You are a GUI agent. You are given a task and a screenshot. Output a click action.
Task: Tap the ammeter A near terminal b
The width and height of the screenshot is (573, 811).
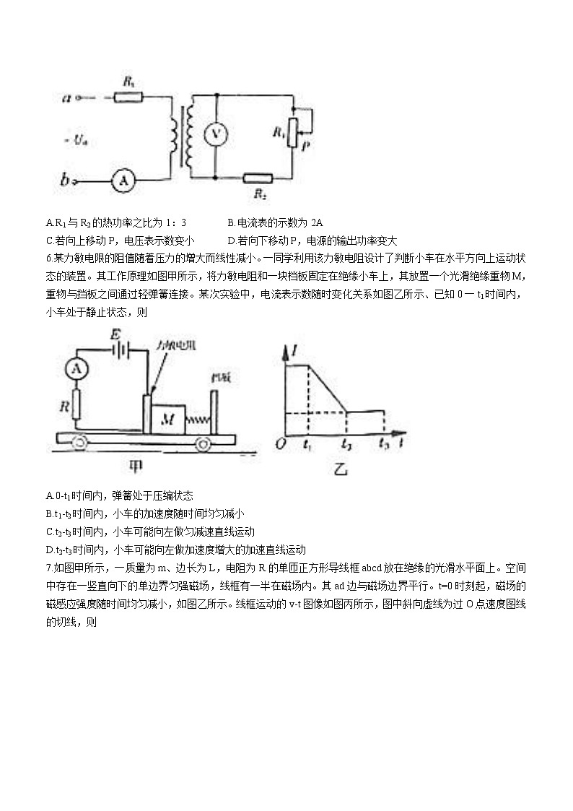click(123, 182)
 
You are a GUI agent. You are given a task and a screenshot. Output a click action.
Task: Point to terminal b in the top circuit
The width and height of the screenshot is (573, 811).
click(66, 182)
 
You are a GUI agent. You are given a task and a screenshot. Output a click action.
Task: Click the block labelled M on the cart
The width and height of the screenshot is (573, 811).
click(168, 417)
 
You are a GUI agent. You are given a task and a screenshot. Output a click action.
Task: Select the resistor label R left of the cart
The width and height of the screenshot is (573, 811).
click(65, 406)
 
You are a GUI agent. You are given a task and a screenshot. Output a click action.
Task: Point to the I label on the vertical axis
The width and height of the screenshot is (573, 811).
click(296, 352)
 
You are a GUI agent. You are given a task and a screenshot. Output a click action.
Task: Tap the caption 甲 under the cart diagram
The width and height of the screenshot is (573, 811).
click(136, 467)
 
